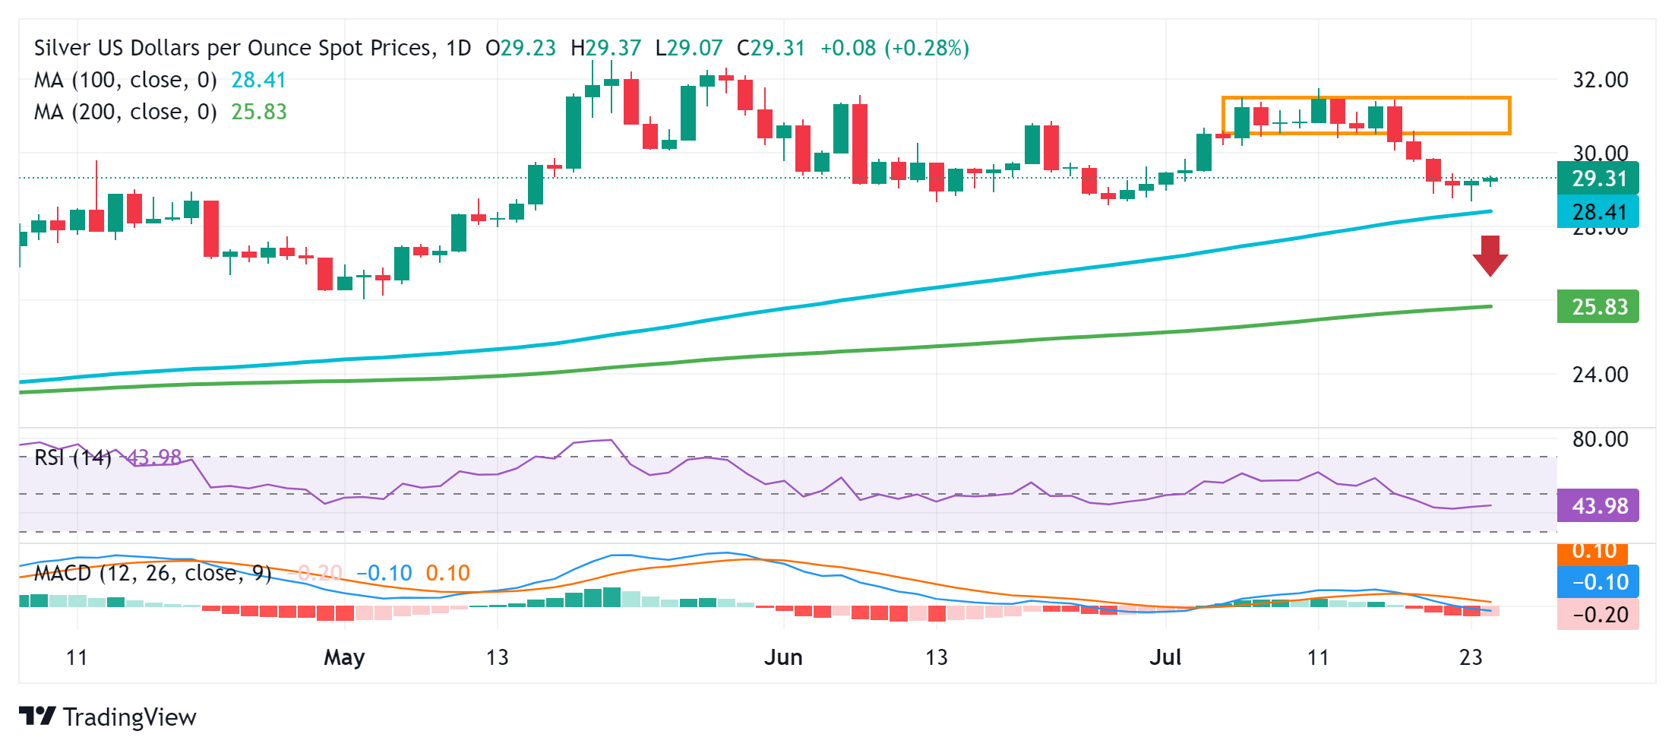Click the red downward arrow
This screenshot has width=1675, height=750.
1490,255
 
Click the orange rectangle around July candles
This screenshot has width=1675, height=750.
1366,98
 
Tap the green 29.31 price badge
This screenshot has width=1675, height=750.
1598,179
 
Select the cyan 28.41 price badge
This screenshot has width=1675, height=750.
1598,212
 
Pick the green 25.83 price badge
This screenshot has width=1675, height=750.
1598,307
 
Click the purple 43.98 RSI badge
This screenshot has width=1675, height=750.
1598,505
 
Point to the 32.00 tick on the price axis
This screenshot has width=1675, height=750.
1600,80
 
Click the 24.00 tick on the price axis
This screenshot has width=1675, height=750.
1600,375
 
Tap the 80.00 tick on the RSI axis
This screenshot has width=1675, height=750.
1600,439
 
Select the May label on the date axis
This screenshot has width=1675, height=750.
344,657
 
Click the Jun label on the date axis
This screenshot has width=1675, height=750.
783,657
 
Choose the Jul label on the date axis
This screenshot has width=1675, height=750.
1165,657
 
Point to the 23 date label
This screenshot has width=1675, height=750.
1471,657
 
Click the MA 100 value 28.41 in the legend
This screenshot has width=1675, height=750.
258,80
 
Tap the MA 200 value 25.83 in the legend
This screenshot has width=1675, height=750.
259,112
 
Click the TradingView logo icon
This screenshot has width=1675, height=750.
37,717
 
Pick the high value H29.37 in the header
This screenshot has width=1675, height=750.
605,48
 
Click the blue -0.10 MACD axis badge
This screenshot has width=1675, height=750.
1598,582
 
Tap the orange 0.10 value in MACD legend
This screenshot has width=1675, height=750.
447,573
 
